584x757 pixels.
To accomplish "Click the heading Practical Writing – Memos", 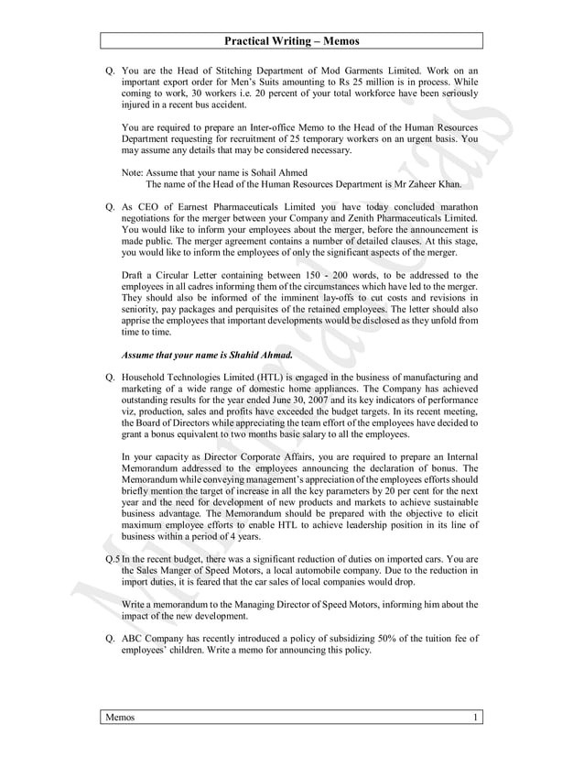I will pyautogui.click(x=291, y=41).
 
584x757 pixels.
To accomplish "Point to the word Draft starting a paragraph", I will pyautogui.click(x=134, y=275).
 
